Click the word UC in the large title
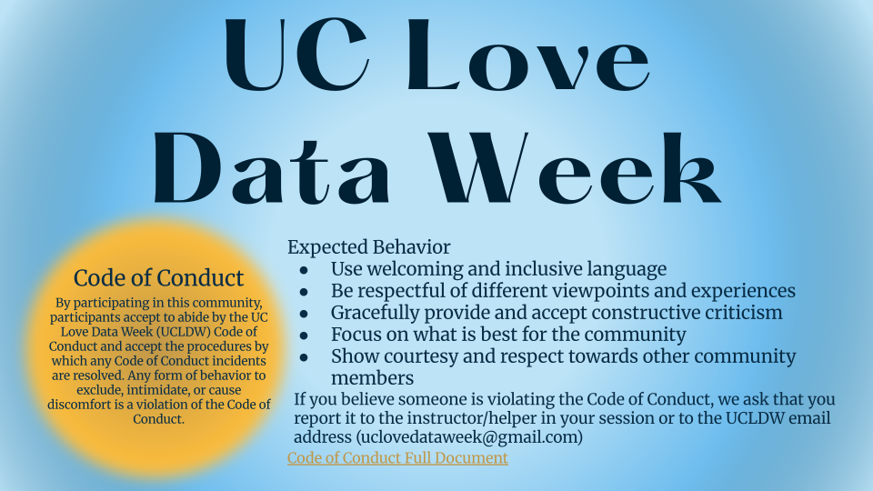pyautogui.click(x=296, y=55)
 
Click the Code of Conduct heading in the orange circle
pyautogui.click(x=158, y=278)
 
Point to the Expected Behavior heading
pyautogui.click(x=368, y=247)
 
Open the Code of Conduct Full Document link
pyautogui.click(x=397, y=457)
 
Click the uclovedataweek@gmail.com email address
pyautogui.click(x=469, y=437)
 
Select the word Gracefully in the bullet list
pyautogui.click(x=376, y=313)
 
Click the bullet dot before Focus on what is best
pyautogui.click(x=304, y=336)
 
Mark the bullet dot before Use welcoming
pyautogui.click(x=304, y=271)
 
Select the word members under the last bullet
pyautogui.click(x=372, y=378)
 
